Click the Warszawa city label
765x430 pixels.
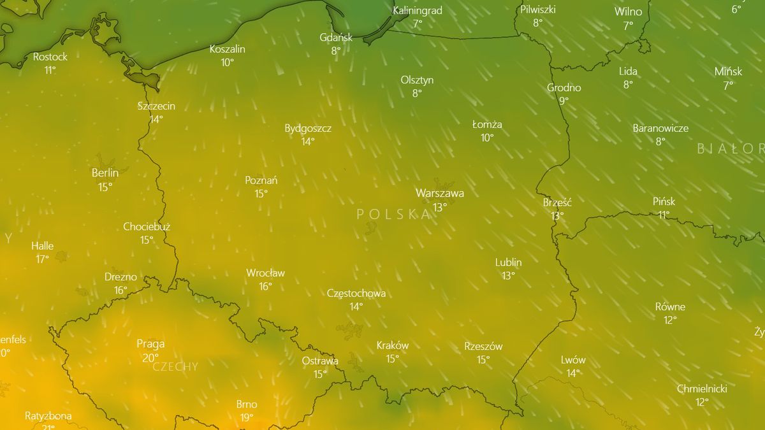(439, 193)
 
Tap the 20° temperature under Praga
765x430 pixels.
(150, 357)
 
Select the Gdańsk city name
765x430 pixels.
(336, 37)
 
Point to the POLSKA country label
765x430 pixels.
(394, 214)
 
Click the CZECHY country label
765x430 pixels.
(175, 367)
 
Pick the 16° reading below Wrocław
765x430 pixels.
(265, 287)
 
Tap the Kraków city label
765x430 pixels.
(393, 345)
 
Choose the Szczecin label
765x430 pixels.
(156, 106)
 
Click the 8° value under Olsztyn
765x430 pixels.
(417, 93)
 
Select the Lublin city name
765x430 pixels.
(508, 262)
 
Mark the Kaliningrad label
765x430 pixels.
(418, 11)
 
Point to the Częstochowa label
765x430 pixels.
(356, 293)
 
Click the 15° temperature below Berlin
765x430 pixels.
(105, 187)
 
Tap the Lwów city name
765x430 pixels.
(573, 360)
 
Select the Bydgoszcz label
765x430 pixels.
(308, 128)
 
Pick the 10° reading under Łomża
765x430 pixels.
(487, 138)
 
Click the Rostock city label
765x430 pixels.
(50, 57)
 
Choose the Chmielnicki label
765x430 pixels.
(702, 389)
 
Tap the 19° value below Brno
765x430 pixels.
(247, 417)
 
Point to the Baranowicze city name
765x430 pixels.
(660, 128)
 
